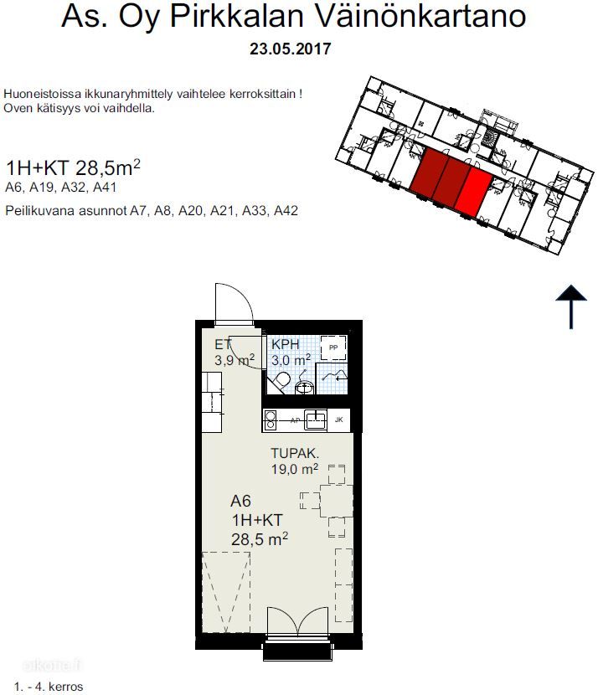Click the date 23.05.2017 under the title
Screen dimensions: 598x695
pos(291,49)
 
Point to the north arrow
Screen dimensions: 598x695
pos(571,306)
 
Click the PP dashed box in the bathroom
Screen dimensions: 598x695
pos(333,347)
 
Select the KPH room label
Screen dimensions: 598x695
pos(286,344)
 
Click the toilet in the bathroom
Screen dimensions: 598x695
pos(279,383)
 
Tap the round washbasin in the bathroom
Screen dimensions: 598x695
pos(305,387)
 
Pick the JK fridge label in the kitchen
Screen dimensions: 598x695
pos(338,420)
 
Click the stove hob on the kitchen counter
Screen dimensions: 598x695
pos(270,420)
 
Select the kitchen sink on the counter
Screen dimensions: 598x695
pos(316,420)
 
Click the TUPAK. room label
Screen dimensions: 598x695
pos(295,453)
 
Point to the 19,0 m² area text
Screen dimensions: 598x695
pos(295,469)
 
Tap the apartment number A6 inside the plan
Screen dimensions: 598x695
pos(240,501)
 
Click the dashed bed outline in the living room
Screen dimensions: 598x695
pos(226,592)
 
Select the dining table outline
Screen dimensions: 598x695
pos(337,501)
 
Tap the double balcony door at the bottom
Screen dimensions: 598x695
pos(298,621)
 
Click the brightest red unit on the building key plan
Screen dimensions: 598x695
pos(474,193)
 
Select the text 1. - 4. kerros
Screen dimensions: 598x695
pos(49,687)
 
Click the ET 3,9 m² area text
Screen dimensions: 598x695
pos(234,352)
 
